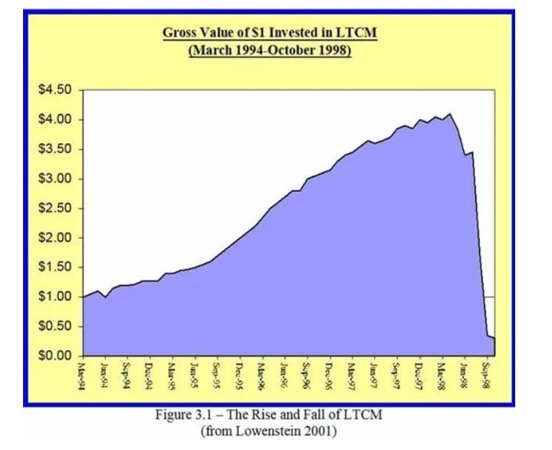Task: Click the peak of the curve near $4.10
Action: click(450, 114)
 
